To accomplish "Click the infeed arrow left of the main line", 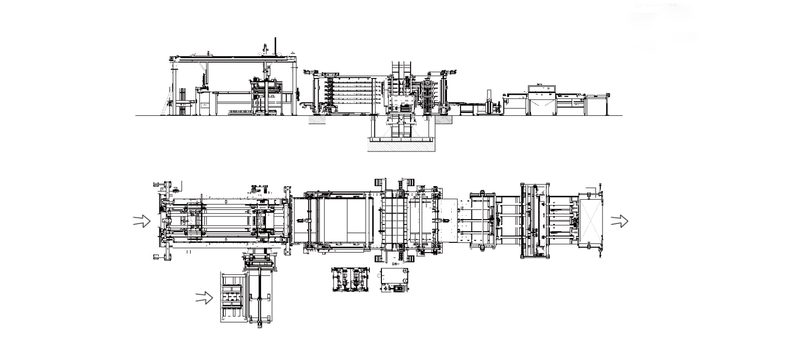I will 142,221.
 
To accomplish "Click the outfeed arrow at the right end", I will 619,221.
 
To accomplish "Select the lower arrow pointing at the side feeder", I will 204,298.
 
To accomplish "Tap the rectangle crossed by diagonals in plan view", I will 590,221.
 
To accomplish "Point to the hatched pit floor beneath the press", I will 401,146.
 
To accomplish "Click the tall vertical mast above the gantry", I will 275,46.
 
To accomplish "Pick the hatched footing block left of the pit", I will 316,120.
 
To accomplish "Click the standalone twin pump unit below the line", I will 347,280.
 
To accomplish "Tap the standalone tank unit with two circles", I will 394,280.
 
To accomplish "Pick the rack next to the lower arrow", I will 233,297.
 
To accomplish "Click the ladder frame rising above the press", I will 400,73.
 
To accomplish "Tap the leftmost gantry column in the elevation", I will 174,87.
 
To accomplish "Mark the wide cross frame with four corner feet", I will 535,221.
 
